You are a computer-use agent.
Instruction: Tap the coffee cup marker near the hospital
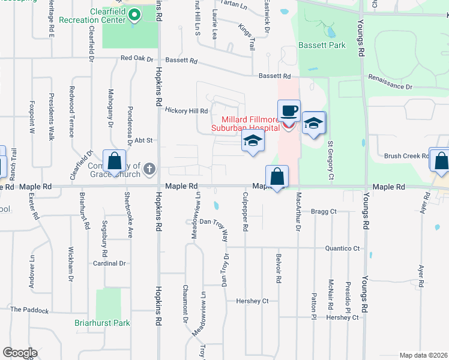click(x=289, y=112)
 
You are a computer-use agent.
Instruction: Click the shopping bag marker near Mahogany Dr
click(x=114, y=161)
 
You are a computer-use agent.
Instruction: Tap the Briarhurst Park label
click(x=102, y=323)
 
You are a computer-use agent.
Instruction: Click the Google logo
click(x=20, y=353)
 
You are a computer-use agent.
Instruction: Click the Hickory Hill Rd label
click(x=186, y=111)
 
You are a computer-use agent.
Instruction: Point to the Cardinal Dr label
click(x=109, y=263)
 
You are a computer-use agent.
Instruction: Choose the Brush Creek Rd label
click(x=406, y=155)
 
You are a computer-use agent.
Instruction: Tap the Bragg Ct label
click(x=324, y=212)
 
